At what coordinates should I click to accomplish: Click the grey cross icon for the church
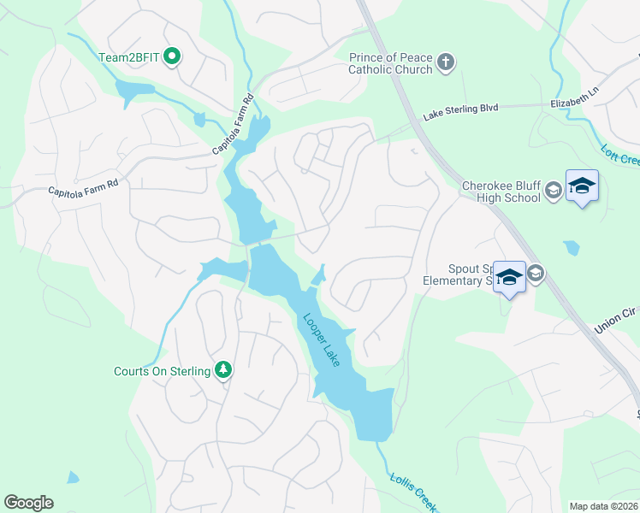(445, 62)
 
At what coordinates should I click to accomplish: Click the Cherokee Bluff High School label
(501, 192)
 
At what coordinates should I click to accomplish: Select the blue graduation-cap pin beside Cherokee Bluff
(582, 186)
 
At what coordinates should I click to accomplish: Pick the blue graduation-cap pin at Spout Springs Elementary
(510, 277)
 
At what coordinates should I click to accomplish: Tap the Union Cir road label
(614, 320)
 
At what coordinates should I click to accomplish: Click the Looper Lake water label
(322, 340)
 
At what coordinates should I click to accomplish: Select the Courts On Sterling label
(163, 371)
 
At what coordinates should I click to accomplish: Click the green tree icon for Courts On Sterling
(223, 369)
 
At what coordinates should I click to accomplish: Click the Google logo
(28, 503)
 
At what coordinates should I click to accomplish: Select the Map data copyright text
(603, 506)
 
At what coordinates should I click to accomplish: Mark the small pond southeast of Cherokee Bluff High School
(571, 248)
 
